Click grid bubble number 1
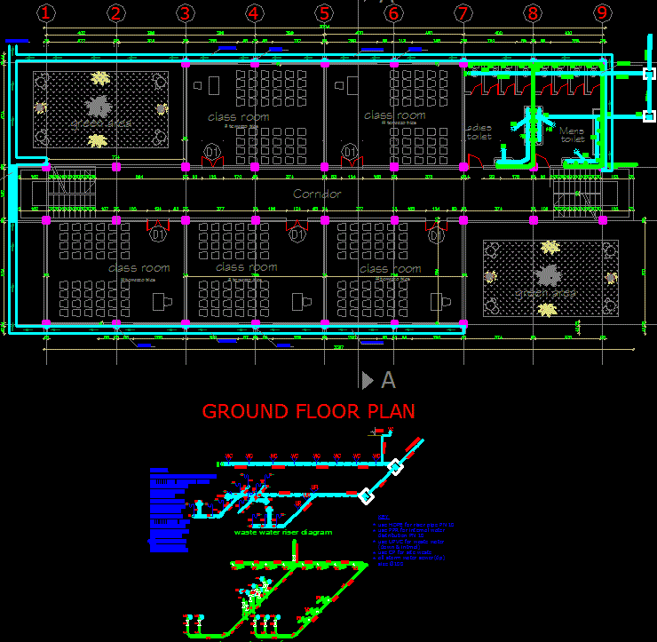pyautogui.click(x=46, y=12)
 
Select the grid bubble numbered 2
pyautogui.click(x=115, y=12)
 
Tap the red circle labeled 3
pyautogui.click(x=185, y=12)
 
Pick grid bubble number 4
pyautogui.click(x=255, y=12)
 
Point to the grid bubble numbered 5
pyautogui.click(x=324, y=12)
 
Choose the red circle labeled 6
pyautogui.click(x=393, y=12)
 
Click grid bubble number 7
pyautogui.click(x=463, y=12)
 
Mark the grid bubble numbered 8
pyautogui.click(x=533, y=12)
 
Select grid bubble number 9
pyautogui.click(x=603, y=12)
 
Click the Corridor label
pyautogui.click(x=317, y=194)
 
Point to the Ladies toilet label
pyautogui.click(x=479, y=132)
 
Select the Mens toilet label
pyautogui.click(x=573, y=135)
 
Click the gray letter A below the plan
pyautogui.click(x=388, y=381)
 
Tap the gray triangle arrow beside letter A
pyautogui.click(x=368, y=381)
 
